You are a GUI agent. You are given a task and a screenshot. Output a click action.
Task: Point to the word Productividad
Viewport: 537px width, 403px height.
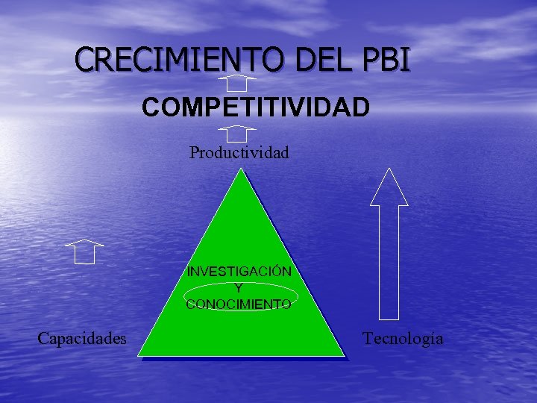coord(239,153)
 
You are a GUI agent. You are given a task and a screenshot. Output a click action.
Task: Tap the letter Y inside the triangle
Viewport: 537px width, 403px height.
coord(239,287)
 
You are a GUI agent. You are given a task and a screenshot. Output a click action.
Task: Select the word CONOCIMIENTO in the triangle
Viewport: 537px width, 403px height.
coord(239,304)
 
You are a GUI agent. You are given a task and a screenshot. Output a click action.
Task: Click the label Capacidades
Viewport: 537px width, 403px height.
coord(82,339)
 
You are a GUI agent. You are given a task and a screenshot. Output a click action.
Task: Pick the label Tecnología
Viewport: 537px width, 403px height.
coord(403,339)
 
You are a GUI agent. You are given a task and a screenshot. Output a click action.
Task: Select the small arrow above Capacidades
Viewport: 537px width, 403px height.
coord(84,252)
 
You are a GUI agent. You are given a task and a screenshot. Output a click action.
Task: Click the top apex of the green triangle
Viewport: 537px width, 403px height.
coord(240,171)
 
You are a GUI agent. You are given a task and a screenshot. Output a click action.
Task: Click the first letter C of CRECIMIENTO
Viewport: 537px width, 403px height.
coord(86,60)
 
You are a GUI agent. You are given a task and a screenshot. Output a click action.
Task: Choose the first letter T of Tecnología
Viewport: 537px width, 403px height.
coord(368,339)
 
